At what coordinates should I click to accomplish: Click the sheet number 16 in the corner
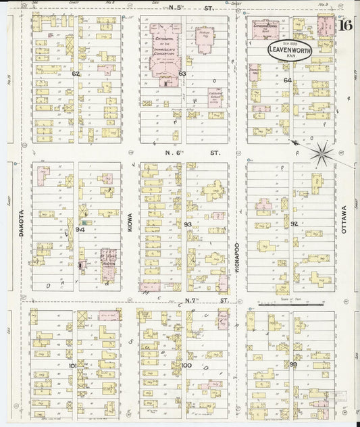click(x=345, y=27)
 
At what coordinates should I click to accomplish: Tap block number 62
click(x=76, y=73)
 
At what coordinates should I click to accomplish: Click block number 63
click(x=182, y=73)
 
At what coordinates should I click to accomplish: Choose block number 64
click(x=288, y=80)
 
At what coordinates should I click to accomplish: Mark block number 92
click(x=294, y=223)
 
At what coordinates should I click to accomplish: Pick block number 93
click(x=188, y=224)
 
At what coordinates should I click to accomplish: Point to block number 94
click(x=80, y=230)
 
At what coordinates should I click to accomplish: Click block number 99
click(x=293, y=364)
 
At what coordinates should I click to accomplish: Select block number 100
click(x=187, y=366)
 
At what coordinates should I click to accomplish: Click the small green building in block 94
click(x=84, y=223)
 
